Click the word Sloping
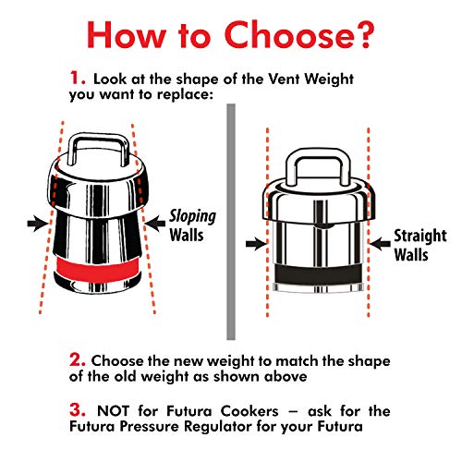[x=191, y=216]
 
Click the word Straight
[x=419, y=236]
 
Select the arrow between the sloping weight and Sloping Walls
[x=154, y=223]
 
